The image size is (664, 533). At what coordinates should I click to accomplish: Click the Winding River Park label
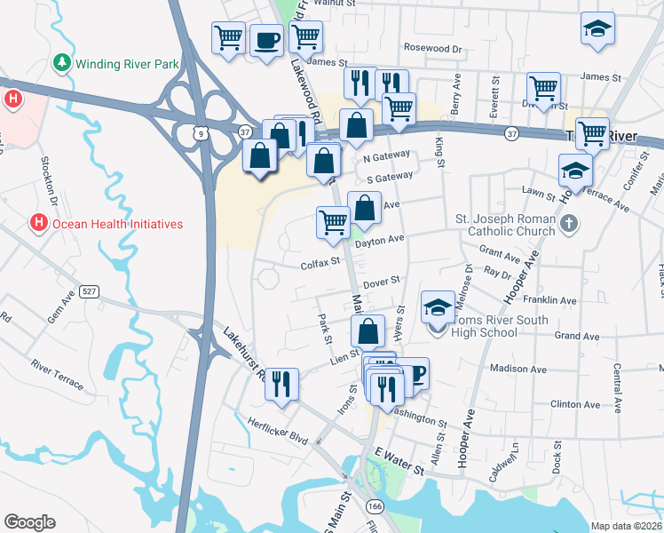click(x=128, y=64)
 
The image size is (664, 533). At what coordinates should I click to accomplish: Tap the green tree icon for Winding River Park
click(x=62, y=63)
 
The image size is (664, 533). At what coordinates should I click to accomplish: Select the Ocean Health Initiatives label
click(x=116, y=224)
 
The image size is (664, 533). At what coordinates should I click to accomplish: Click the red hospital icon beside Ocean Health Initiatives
click(x=38, y=223)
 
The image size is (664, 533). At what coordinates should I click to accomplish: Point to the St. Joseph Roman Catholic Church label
click(x=505, y=225)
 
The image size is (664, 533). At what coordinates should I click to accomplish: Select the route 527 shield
click(x=90, y=292)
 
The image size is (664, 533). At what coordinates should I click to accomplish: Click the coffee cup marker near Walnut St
click(x=266, y=39)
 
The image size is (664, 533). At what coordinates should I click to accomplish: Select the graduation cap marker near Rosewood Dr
click(x=597, y=28)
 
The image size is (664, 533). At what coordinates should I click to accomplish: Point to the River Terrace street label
click(x=57, y=374)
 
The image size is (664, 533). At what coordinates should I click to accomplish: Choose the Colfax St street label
click(x=320, y=262)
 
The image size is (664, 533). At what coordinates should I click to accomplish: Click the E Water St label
click(x=395, y=455)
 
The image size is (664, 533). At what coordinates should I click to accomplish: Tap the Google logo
click(x=29, y=522)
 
